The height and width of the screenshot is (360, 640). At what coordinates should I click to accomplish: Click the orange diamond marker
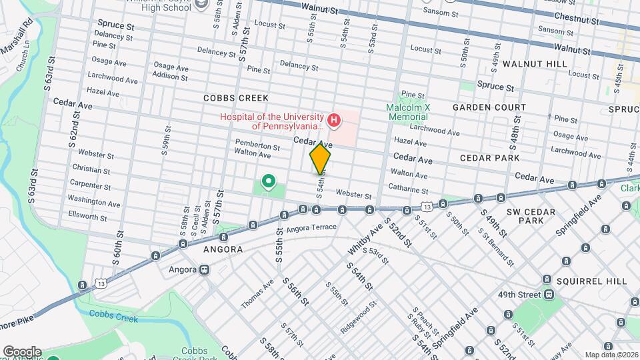pyautogui.click(x=320, y=159)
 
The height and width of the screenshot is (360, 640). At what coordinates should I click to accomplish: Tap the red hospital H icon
pyautogui.click(x=335, y=121)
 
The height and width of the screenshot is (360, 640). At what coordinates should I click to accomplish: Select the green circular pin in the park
pyautogui.click(x=269, y=181)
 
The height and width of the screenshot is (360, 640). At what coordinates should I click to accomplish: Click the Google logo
pyautogui.click(x=22, y=351)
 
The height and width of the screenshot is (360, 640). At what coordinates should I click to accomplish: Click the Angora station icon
pyautogui.click(x=203, y=270)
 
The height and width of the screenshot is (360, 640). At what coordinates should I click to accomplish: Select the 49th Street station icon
pyautogui.click(x=549, y=294)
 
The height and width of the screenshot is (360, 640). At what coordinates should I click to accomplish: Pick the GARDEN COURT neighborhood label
pyautogui.click(x=489, y=107)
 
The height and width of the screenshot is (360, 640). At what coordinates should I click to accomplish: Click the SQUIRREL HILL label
pyautogui.click(x=593, y=281)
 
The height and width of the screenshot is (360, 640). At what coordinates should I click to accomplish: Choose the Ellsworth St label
pyautogui.click(x=87, y=217)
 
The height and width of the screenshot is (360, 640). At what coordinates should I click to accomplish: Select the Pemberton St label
pyautogui.click(x=257, y=145)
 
